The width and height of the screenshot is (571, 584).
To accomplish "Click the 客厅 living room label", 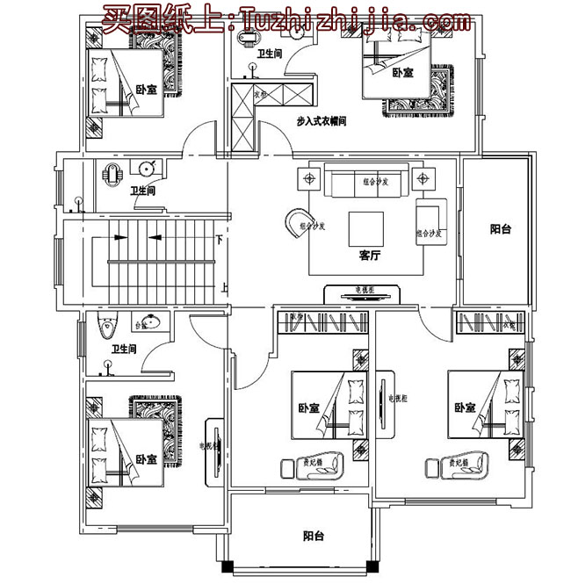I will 370,257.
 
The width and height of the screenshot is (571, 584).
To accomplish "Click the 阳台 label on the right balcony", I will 500,229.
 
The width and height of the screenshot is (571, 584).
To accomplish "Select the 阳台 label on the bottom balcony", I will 313,535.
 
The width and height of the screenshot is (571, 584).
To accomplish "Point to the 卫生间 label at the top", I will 269,54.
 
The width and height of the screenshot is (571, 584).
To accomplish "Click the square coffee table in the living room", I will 365,228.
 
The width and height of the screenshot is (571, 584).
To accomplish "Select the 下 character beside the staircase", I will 219,238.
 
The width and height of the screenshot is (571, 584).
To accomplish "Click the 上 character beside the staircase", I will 225,286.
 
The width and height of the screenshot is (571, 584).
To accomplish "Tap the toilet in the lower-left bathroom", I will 107,327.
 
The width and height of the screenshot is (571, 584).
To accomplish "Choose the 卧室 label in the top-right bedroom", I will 402,73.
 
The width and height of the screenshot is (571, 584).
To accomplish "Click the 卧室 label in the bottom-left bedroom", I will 147,459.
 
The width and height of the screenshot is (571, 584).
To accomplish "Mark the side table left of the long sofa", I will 309,179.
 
